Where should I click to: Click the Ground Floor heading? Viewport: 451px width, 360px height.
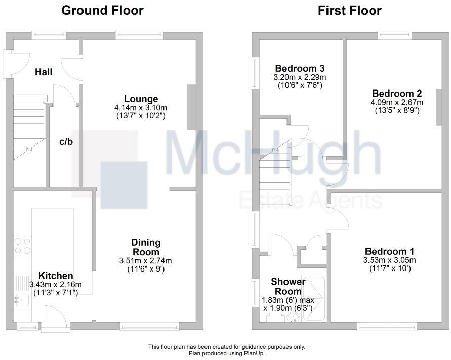102,10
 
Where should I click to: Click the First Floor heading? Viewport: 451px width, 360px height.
349,10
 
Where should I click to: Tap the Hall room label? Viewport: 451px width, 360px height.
44,72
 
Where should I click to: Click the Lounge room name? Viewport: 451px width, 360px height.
141,99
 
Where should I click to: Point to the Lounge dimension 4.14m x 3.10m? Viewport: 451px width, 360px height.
141,107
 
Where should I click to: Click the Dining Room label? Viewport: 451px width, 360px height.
145,247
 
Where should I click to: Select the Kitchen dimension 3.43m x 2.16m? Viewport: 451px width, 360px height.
56,284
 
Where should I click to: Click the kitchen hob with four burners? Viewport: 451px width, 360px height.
22,246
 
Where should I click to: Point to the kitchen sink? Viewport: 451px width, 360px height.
22,300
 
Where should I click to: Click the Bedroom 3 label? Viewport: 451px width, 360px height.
300,68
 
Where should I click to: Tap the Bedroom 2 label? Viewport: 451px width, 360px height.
396,94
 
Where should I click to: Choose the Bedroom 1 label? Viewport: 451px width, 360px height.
389,251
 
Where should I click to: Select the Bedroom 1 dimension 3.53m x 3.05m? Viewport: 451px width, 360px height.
389,260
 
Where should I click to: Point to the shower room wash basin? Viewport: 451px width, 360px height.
292,317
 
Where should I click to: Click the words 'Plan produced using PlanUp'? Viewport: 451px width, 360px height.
226,353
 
